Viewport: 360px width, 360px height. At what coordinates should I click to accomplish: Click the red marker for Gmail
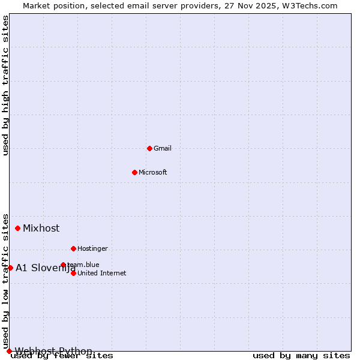click(149, 148)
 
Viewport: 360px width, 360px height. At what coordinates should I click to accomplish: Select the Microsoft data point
click(134, 172)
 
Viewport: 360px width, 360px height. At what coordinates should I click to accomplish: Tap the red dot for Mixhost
click(18, 228)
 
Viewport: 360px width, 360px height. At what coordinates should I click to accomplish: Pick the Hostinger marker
click(73, 248)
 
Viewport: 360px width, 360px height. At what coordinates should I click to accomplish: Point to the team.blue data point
click(63, 265)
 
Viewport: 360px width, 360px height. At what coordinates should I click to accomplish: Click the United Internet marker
click(73, 273)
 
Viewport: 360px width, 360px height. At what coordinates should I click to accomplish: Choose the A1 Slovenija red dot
click(10, 268)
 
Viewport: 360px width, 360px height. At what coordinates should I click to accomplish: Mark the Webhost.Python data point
click(9, 351)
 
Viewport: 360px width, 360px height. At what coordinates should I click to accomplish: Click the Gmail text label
click(163, 148)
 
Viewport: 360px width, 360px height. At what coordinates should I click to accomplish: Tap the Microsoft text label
click(153, 172)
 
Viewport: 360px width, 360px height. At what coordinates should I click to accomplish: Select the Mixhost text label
click(41, 228)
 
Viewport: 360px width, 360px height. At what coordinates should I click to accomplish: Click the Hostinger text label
click(92, 248)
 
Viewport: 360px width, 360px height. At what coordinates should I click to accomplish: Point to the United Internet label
click(102, 273)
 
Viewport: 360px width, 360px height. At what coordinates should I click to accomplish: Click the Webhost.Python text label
click(53, 351)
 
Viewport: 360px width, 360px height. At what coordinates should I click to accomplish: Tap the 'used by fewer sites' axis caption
click(62, 356)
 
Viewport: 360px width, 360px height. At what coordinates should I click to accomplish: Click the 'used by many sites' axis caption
click(301, 356)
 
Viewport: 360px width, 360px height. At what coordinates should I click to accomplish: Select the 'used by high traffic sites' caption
click(5, 86)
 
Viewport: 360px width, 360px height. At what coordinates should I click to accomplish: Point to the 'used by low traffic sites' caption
click(5, 281)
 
